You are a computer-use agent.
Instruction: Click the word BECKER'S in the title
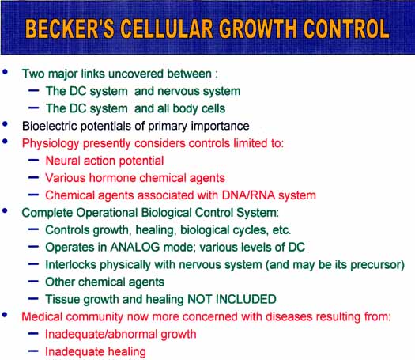click(70, 28)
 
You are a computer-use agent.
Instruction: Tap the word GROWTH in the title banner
click(258, 28)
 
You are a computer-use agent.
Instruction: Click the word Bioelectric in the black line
click(50, 126)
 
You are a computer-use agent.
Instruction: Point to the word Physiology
click(51, 144)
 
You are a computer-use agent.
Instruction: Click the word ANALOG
click(135, 247)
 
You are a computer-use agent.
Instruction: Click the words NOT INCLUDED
click(232, 299)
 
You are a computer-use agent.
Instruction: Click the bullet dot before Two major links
click(5, 72)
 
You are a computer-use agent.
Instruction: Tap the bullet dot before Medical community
click(5, 315)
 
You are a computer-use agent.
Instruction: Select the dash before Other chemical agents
click(34, 282)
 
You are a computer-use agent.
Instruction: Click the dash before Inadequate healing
click(34, 351)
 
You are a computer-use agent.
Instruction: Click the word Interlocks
click(70, 264)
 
